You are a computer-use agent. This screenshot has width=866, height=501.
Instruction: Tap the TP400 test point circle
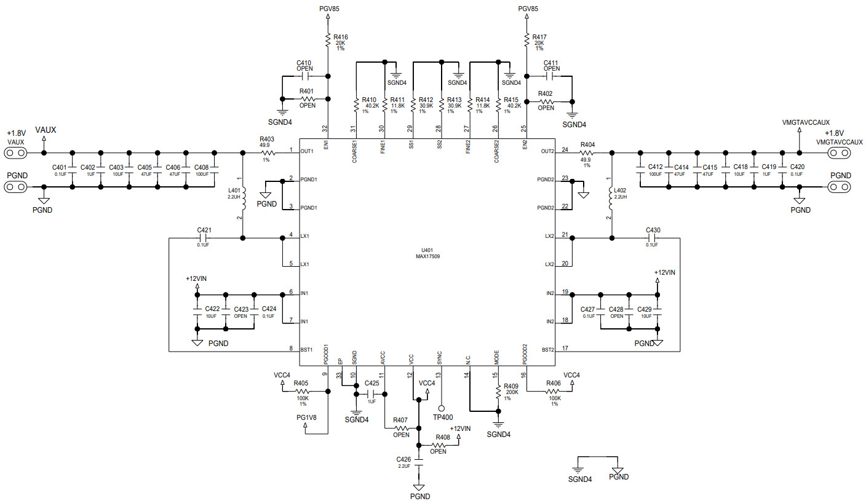[441, 408]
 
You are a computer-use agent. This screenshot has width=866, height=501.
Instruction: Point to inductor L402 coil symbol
[611, 198]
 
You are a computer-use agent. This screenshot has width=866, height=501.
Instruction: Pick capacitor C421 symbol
[204, 238]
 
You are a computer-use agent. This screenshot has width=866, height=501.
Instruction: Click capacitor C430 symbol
[653, 238]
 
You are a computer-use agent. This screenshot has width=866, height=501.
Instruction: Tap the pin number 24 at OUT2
[564, 149]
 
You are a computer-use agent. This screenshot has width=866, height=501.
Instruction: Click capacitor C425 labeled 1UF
[371, 393]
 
